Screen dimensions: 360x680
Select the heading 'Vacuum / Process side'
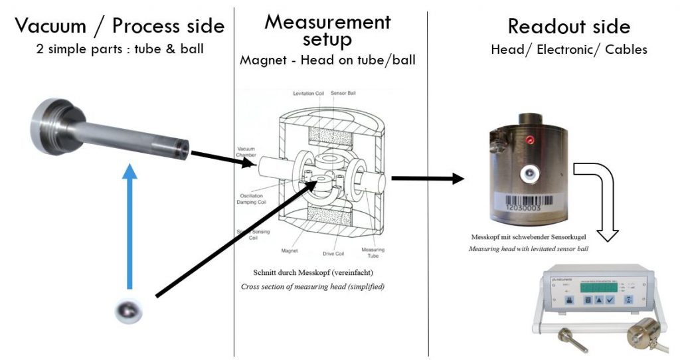pyautogui.click(x=120, y=27)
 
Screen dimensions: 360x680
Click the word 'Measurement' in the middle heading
pyautogui.click(x=327, y=22)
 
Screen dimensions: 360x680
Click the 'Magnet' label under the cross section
pyautogui.click(x=289, y=251)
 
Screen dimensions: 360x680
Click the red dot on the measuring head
pyautogui.click(x=530, y=141)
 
